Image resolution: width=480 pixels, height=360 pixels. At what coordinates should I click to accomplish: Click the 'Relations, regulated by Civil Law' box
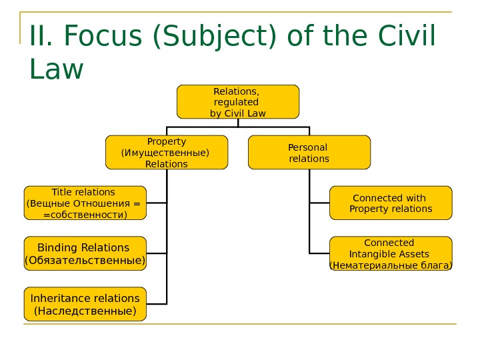(238, 101)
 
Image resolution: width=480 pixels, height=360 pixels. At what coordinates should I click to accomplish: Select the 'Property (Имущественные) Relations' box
(167, 152)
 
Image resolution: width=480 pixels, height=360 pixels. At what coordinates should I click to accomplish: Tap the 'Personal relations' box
(309, 152)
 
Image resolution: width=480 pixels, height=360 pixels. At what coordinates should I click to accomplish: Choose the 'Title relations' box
(85, 203)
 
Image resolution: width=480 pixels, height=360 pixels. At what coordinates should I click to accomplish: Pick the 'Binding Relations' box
(85, 253)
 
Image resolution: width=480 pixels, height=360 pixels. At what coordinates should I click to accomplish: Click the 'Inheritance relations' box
(85, 304)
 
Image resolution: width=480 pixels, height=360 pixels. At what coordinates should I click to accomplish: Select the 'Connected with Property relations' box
(391, 203)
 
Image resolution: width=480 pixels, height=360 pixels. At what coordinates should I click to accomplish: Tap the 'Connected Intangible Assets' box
(391, 253)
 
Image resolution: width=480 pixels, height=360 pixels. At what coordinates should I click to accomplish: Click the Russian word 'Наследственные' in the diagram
(85, 311)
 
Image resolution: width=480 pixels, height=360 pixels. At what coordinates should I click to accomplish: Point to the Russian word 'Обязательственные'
(85, 260)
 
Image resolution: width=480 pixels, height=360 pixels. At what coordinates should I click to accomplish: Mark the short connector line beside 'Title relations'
(157, 203)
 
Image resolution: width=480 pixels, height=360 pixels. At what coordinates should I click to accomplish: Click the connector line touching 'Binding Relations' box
(157, 253)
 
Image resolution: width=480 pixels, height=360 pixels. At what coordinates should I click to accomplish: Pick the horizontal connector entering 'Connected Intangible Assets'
(319, 253)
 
